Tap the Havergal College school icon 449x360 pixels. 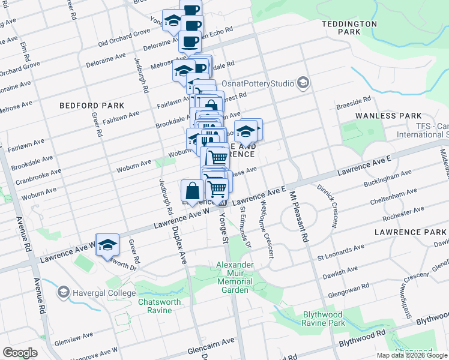(x=63, y=292)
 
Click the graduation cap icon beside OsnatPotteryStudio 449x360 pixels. (x=303, y=82)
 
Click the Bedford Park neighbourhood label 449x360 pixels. (x=83, y=106)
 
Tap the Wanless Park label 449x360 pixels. (x=397, y=115)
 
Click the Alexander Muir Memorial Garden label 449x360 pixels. (x=234, y=277)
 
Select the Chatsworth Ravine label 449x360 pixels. (x=155, y=306)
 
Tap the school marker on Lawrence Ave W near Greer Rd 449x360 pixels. (x=107, y=245)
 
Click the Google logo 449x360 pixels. (x=20, y=352)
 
